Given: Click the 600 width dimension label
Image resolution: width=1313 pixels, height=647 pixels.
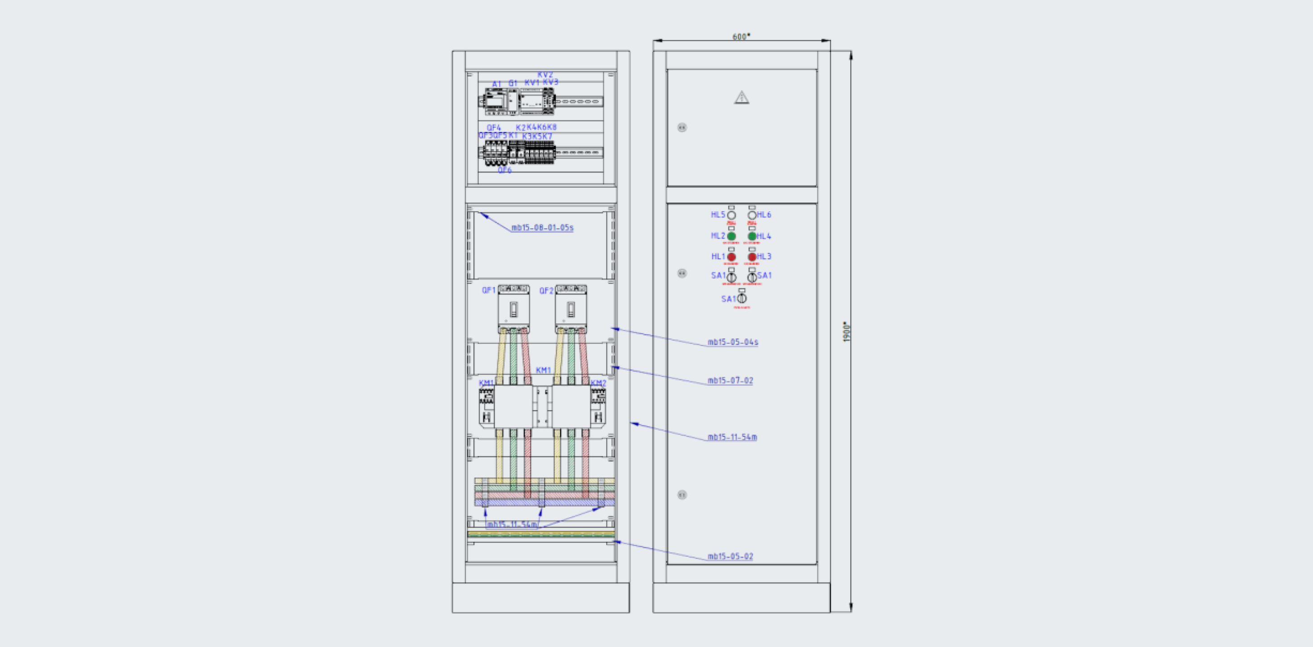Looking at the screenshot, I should [741, 37].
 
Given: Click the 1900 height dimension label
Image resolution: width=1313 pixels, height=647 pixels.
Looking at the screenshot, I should [846, 331].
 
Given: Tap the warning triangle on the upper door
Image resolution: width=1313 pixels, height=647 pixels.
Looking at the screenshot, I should [741, 97].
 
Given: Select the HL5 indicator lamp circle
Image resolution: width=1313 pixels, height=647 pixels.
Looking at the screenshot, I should [732, 215].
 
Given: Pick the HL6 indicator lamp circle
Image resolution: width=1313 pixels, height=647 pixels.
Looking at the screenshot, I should [752, 215].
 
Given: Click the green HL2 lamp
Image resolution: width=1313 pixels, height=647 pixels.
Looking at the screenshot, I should [732, 236].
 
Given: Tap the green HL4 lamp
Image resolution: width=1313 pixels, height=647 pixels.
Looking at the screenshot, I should [752, 236].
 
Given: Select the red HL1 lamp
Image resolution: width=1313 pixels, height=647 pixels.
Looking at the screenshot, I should [732, 257].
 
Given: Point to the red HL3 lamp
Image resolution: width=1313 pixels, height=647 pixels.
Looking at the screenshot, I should [752, 257].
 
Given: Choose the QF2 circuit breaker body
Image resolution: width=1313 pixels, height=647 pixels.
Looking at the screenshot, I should [571, 309].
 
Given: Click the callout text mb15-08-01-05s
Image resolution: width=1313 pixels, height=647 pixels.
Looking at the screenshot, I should [542, 228].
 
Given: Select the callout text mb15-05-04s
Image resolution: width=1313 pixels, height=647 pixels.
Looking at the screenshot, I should [732, 342].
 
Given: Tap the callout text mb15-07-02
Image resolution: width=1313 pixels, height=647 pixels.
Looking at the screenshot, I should [730, 381].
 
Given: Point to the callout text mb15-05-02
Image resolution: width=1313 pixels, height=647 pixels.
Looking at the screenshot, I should [730, 556].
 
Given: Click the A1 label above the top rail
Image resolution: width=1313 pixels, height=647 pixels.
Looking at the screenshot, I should [496, 84].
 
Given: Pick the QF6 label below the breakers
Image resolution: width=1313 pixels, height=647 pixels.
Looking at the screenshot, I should [505, 170].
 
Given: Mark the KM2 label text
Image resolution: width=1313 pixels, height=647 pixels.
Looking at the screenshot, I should [598, 383].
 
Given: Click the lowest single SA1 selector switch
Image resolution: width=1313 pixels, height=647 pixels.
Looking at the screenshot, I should [741, 298].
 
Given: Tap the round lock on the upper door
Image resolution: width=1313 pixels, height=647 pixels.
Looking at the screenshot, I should [682, 127].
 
